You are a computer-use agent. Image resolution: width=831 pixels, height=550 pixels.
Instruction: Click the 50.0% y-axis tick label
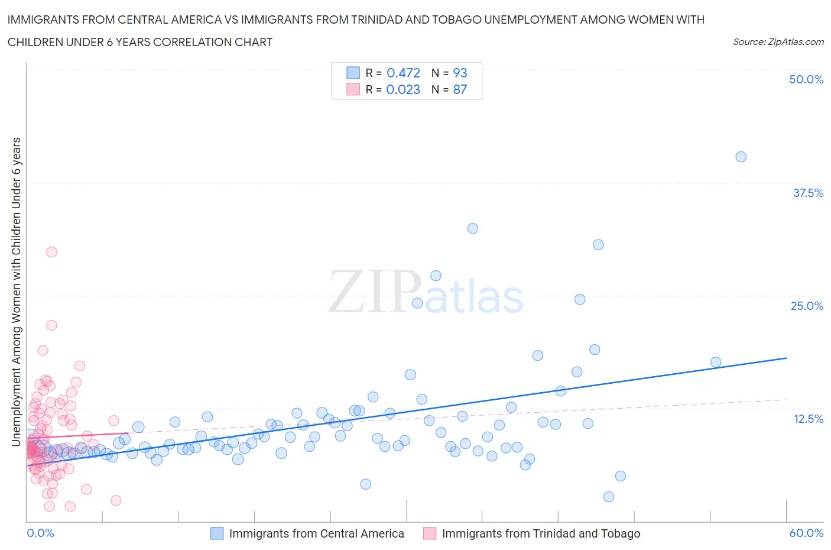(x=806, y=79)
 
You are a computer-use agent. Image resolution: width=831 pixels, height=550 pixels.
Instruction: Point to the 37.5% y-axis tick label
(x=808, y=193)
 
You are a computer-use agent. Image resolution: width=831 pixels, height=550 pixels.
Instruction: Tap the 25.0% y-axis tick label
(x=807, y=306)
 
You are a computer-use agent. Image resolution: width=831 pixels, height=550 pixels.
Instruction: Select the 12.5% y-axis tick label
(x=808, y=419)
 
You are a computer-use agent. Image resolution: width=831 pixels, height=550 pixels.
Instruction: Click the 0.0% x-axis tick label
(x=40, y=533)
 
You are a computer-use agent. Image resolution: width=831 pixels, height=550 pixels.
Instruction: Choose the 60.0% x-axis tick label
(x=806, y=533)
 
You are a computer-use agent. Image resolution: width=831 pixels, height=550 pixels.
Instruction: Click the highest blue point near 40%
(x=741, y=157)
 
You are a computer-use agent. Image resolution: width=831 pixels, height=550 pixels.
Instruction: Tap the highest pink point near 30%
(x=51, y=252)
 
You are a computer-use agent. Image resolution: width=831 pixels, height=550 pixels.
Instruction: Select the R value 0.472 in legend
(x=403, y=73)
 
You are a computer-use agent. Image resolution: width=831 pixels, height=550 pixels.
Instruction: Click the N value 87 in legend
(x=460, y=89)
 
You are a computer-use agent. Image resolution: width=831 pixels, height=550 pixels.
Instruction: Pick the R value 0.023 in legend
(x=403, y=89)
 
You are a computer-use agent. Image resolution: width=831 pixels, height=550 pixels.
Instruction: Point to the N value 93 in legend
(x=460, y=73)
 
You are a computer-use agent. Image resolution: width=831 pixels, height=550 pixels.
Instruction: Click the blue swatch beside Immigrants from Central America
(x=217, y=533)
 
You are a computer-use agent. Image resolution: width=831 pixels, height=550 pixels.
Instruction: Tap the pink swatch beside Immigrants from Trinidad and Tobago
(x=430, y=533)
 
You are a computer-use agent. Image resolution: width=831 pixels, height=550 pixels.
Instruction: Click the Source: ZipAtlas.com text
(x=778, y=42)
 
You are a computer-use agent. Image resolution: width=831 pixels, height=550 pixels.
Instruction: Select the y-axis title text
(x=16, y=292)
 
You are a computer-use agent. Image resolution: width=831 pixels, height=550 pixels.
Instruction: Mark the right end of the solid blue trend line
(x=786, y=358)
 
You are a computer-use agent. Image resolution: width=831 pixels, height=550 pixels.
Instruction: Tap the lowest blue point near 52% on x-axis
(x=608, y=497)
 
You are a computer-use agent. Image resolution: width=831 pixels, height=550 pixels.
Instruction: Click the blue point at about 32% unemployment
(x=472, y=228)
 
